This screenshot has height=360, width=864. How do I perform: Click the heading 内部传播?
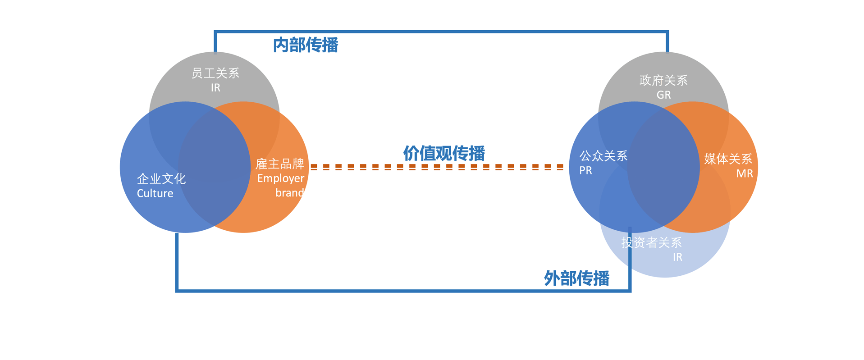306,45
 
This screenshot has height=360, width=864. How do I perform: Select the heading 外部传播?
576,278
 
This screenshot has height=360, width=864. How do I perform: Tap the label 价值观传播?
444,153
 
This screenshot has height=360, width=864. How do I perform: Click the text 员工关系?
215,73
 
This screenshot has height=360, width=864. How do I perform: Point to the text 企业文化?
161,179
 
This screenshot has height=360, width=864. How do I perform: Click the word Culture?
155,193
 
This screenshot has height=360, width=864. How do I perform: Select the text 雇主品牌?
280,164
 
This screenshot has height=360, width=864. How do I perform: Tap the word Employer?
280,178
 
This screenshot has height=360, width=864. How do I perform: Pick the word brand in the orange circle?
290,193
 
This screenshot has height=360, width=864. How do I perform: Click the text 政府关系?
663,80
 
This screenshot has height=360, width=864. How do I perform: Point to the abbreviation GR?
663,95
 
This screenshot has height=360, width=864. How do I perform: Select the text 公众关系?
603,156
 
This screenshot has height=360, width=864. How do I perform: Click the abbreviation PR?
585,171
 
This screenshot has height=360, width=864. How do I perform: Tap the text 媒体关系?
728,159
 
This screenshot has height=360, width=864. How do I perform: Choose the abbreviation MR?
745,173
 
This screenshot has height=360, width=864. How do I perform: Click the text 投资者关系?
651,242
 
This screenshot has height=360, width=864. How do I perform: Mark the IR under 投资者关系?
677,257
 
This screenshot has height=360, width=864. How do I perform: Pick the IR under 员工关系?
215,88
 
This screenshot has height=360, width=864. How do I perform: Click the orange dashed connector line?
437,167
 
